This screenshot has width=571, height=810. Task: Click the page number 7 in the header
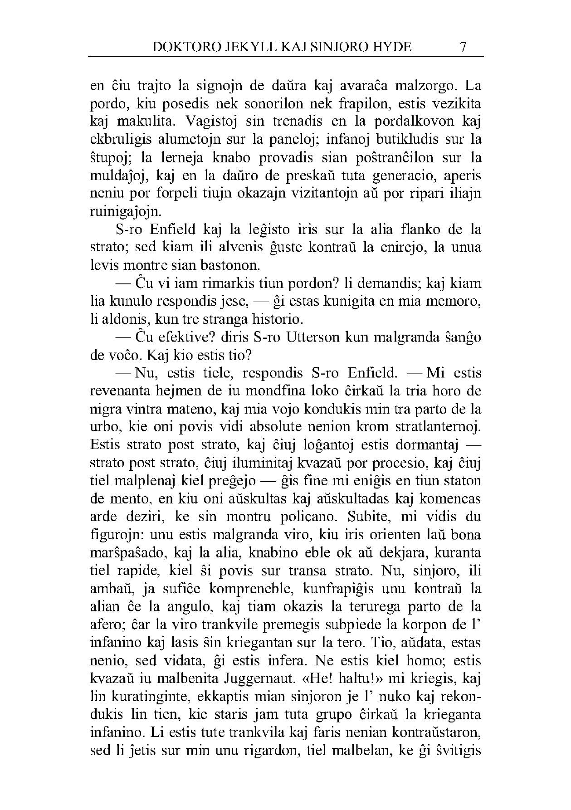[x=463, y=47]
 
